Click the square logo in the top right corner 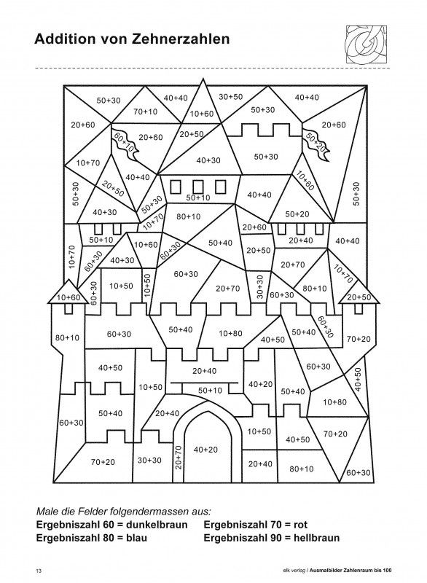point(366,44)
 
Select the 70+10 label point(145,111)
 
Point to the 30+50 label point(230,97)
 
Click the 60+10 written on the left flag point(123,141)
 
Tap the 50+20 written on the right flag point(314,141)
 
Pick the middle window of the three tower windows point(197,187)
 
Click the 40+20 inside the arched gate point(205,450)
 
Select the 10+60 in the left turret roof point(68,297)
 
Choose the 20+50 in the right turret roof point(359,297)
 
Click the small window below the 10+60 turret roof point(68,308)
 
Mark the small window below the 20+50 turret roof point(359,308)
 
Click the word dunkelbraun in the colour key point(157,525)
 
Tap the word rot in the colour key point(300,525)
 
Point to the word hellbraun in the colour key point(316,538)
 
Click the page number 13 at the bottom point(39,571)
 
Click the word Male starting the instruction point(47,512)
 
